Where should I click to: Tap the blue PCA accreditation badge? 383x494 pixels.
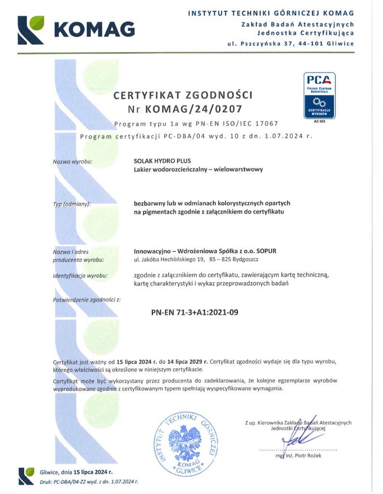pos(319,95)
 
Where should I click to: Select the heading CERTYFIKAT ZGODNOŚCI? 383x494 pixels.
pos(182,95)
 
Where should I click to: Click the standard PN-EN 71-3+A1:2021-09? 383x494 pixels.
pos(195,312)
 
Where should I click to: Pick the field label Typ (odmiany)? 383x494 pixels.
pos(71,204)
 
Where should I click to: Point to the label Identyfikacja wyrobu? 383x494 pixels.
pos(81,276)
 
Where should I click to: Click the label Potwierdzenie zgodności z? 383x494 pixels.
pos(86,300)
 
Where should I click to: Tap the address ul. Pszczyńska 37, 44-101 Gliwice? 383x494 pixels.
pos(291,43)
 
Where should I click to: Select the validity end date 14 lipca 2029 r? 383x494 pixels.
pos(184,361)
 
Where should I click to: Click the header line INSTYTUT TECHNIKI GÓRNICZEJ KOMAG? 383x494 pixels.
pos(271,13)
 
